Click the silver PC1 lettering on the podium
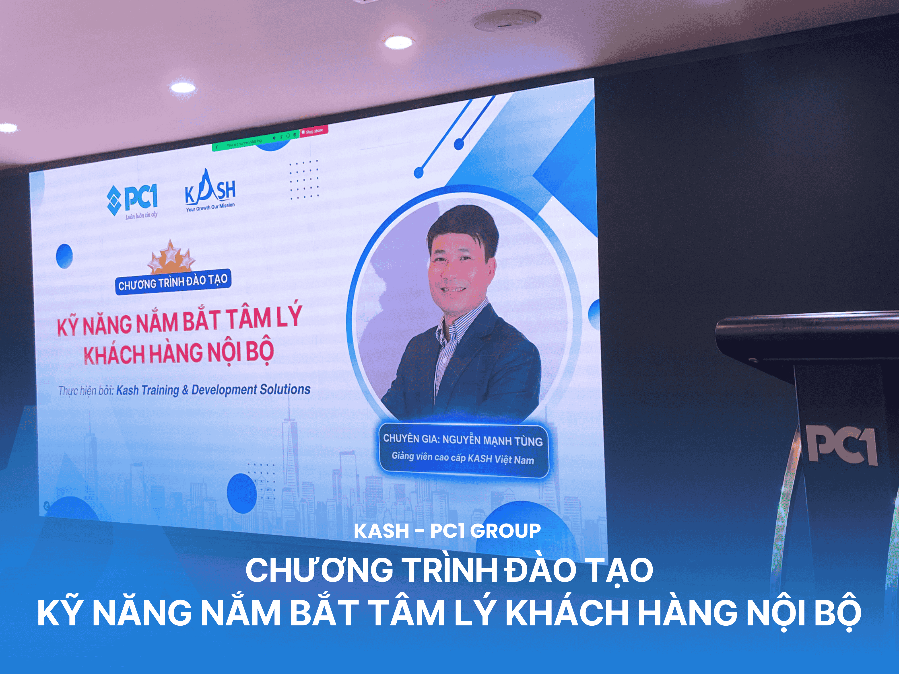[841, 446]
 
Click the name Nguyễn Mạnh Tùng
[492, 440]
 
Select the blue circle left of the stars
[64, 256]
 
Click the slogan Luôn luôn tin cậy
[141, 215]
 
